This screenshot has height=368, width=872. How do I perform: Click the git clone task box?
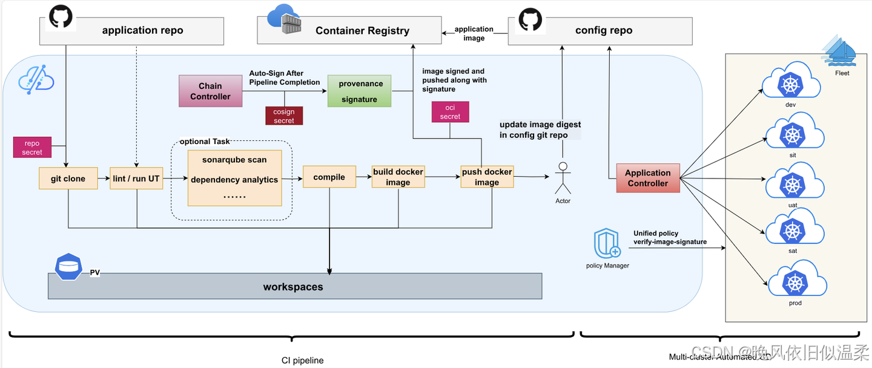coord(68,179)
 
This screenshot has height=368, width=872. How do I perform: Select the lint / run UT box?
coord(136,179)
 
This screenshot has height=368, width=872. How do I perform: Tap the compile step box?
coord(329,177)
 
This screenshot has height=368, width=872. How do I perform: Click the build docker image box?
coord(398,177)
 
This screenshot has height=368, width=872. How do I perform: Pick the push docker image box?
coord(487,177)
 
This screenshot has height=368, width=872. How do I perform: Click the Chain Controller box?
coord(210,91)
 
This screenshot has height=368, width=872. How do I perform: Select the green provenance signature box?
coord(359,91)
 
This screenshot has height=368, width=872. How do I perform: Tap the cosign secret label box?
coord(283,116)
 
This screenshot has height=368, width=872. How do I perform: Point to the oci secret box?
coord(450,112)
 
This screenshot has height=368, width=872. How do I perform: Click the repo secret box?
coord(32,148)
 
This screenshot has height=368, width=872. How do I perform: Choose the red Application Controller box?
coord(647,178)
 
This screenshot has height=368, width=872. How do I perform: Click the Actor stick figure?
coord(563,178)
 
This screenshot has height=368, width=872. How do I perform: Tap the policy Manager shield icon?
coord(607,243)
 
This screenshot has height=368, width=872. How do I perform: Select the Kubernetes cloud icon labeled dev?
coord(790,84)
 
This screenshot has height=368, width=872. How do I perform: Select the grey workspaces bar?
coord(295,286)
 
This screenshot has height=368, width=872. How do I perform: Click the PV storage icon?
coord(68,266)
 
